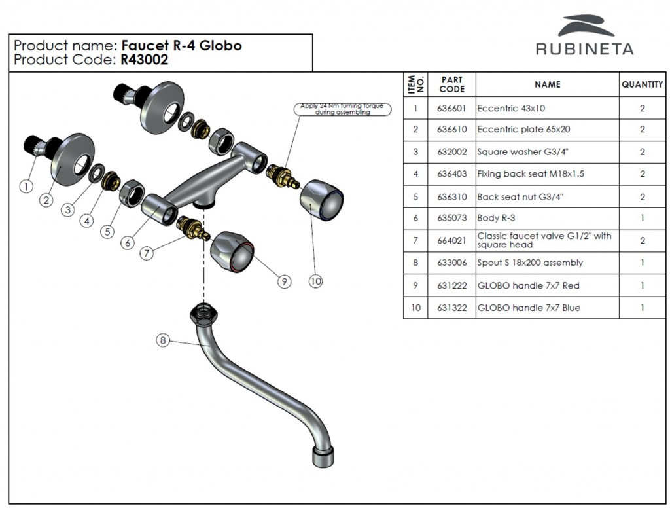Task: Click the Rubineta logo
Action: click(x=584, y=36)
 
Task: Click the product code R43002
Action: click(x=144, y=60)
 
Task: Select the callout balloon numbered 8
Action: click(x=163, y=340)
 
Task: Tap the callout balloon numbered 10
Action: click(x=316, y=281)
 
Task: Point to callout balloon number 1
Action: click(x=26, y=186)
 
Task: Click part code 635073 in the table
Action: click(x=451, y=218)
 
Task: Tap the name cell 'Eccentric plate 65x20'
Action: click(x=523, y=130)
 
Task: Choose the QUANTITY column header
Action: click(x=642, y=84)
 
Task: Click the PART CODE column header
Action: click(x=451, y=84)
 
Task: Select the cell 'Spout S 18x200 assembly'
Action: click(x=530, y=263)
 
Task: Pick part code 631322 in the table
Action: click(x=451, y=308)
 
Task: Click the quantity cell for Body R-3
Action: click(x=642, y=218)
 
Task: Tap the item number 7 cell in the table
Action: click(x=415, y=240)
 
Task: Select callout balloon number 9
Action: click(x=283, y=281)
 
